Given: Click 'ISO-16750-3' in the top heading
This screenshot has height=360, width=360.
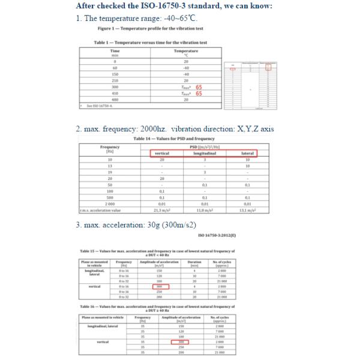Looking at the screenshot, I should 173,6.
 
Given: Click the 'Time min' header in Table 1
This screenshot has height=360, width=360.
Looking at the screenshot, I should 115,53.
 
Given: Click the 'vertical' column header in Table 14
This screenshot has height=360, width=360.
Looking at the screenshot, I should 161,154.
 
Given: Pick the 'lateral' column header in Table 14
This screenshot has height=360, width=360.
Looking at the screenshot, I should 248,154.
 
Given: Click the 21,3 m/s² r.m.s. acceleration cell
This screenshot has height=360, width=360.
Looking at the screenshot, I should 161,209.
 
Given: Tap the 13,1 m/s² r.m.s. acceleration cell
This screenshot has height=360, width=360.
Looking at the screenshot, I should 248,209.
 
